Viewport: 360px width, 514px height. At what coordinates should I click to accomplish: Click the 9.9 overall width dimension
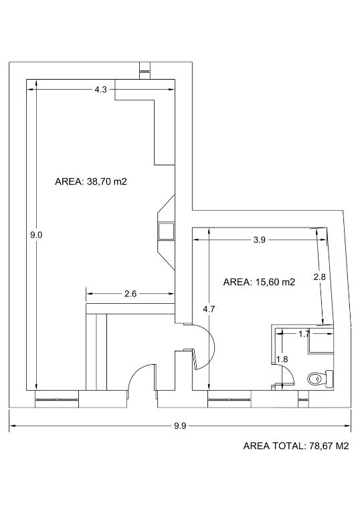click(x=180, y=426)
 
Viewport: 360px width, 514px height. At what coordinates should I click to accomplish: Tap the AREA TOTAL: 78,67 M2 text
click(x=296, y=446)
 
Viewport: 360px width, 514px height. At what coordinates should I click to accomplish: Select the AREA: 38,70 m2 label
click(x=91, y=181)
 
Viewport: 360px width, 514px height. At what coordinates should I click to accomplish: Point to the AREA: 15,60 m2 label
click(x=259, y=282)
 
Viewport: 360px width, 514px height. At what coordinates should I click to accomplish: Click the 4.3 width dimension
click(x=100, y=90)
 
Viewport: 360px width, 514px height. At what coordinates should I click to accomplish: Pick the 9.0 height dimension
click(x=36, y=235)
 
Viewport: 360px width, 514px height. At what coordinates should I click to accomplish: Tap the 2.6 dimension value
click(x=130, y=294)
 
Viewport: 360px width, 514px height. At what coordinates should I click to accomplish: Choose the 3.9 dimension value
click(x=259, y=240)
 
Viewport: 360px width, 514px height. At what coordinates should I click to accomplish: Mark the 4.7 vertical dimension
click(x=209, y=309)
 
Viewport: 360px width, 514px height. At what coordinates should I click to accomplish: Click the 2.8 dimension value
click(x=319, y=277)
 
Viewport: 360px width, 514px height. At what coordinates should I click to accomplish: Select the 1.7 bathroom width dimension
click(x=304, y=334)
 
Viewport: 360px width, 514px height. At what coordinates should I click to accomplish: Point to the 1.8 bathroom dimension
click(x=282, y=359)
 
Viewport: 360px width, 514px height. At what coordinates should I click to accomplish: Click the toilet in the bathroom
click(x=321, y=379)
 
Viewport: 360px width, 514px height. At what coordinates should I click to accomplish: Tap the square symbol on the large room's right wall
click(x=166, y=232)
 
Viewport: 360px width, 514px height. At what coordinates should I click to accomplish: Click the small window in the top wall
click(x=145, y=71)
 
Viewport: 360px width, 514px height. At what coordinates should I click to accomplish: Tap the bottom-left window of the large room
click(x=57, y=400)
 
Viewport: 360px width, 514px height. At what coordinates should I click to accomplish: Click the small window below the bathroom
click(x=304, y=400)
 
